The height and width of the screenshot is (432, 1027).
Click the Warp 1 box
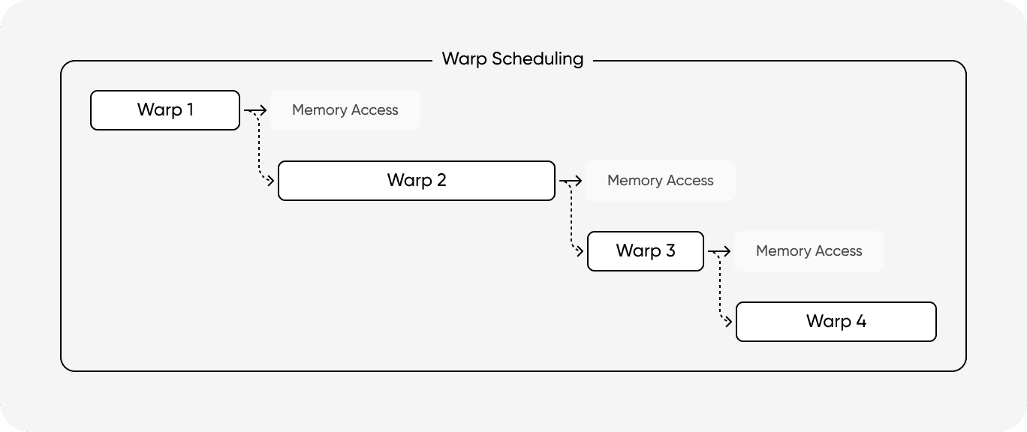pyautogui.click(x=165, y=110)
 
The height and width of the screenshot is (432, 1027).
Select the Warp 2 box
pyautogui.click(x=417, y=181)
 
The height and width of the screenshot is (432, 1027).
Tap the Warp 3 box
pyautogui.click(x=646, y=251)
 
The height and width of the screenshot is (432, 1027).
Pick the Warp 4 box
pyautogui.click(x=836, y=322)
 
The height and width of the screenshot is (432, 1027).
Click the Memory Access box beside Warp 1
pyautogui.click(x=345, y=110)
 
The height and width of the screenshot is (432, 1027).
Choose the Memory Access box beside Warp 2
pyautogui.click(x=660, y=181)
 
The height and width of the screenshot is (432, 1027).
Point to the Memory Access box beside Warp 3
pyautogui.click(x=809, y=251)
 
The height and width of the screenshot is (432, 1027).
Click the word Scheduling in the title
pyautogui.click(x=538, y=59)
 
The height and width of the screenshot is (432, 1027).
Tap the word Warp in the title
pyautogui.click(x=465, y=58)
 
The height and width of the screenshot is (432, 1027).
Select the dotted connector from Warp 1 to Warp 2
pyautogui.click(x=258, y=150)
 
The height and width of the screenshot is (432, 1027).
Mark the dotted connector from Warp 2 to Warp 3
pyautogui.click(x=571, y=220)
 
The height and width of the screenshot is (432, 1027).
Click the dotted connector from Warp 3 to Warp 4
pyautogui.click(x=719, y=291)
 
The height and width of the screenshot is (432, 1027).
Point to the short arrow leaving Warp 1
pyautogui.click(x=255, y=110)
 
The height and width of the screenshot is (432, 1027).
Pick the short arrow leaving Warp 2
pyautogui.click(x=571, y=181)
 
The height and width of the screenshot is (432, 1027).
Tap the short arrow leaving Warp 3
pyautogui.click(x=719, y=251)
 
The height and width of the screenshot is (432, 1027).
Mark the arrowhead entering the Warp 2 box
pyautogui.click(x=272, y=181)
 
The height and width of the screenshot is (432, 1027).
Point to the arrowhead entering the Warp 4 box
pyautogui.click(x=729, y=322)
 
